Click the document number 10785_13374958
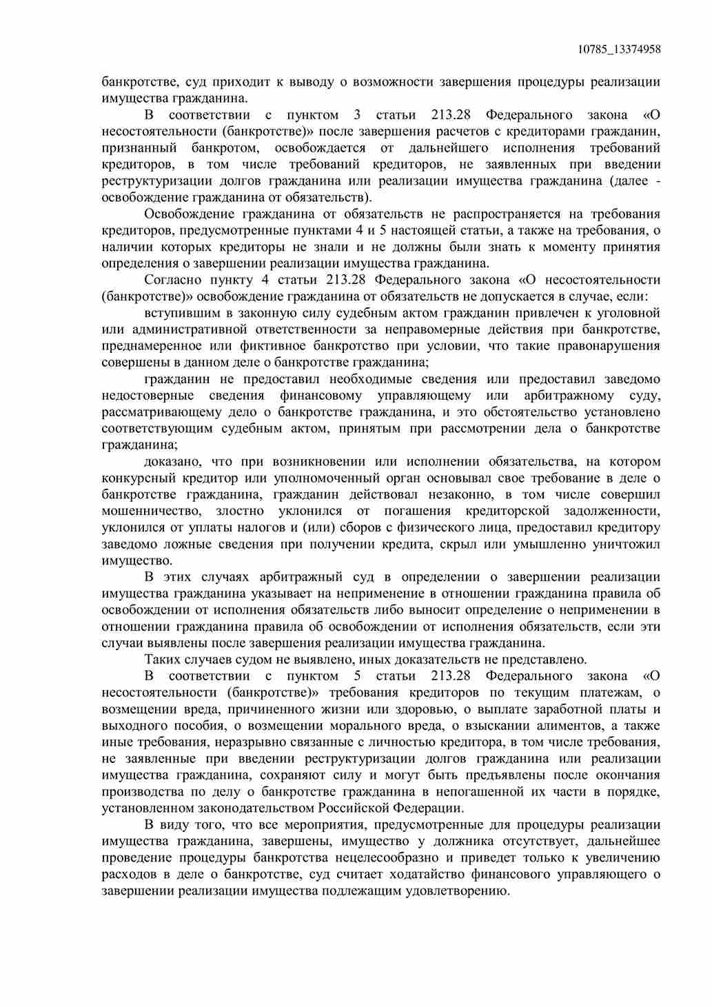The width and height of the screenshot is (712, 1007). click(x=619, y=49)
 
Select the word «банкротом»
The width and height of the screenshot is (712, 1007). click(x=223, y=148)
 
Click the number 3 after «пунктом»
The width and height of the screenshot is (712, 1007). click(x=357, y=115)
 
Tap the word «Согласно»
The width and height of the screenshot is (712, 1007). click(x=173, y=280)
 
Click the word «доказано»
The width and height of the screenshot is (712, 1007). click(x=172, y=462)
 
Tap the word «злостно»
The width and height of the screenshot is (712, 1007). click(x=240, y=511)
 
